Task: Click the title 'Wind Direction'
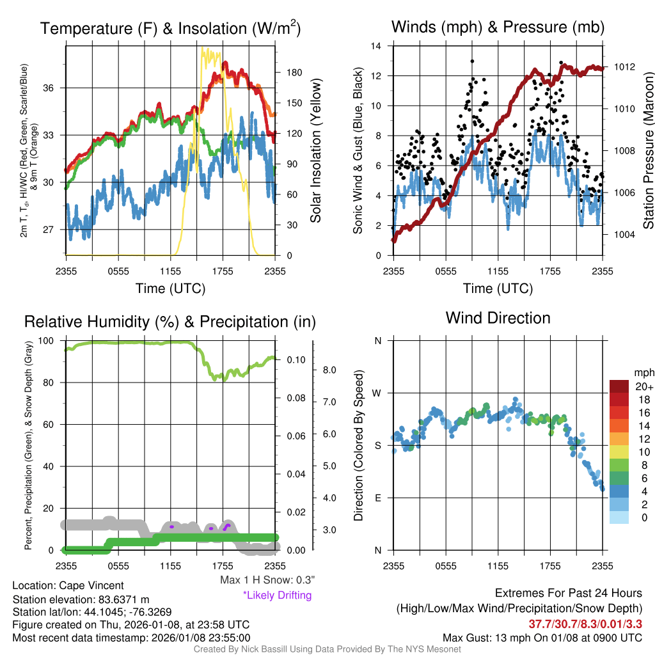point(498,318)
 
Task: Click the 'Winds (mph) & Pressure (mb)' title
point(498,27)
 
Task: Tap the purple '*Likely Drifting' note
point(277,595)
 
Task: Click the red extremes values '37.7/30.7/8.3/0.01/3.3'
point(585,624)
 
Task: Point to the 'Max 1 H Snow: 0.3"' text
point(267,580)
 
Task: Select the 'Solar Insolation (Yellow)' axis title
point(315,151)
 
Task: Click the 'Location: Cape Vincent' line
point(68,585)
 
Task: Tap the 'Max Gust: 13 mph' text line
point(542,638)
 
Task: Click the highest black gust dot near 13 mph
point(472,61)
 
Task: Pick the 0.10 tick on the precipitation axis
point(296,360)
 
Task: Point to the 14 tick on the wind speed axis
point(377,46)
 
